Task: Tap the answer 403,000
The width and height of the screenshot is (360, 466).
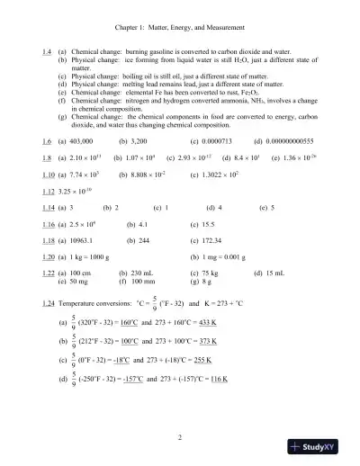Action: [84, 143]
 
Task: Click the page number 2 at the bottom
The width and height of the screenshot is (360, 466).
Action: [180, 438]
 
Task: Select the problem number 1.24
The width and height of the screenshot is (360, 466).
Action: [51, 294]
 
